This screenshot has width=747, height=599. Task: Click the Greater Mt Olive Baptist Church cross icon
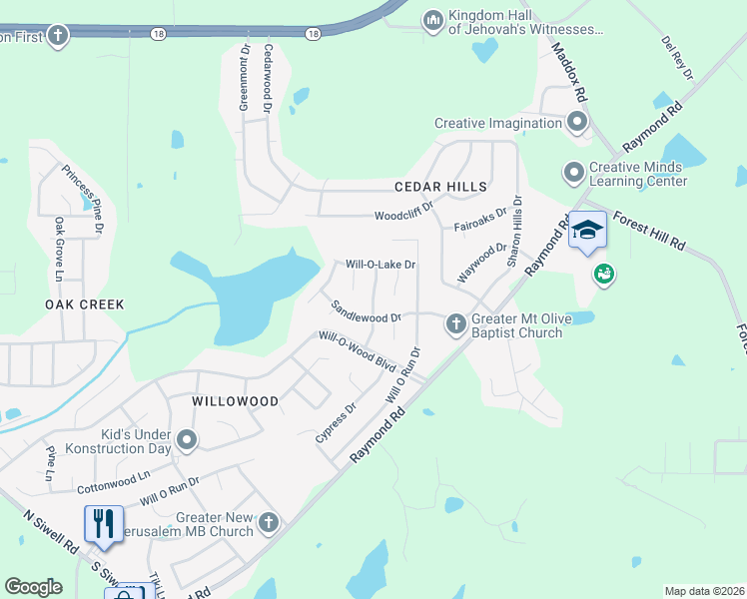[455, 323]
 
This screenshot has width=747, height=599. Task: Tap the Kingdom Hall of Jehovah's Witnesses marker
[432, 20]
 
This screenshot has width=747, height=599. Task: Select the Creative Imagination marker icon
[577, 124]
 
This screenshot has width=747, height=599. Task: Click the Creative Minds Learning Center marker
[573, 173]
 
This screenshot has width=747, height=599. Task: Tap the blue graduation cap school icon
[587, 231]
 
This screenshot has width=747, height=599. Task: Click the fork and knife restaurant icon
[104, 523]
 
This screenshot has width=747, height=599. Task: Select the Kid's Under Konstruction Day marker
[187, 439]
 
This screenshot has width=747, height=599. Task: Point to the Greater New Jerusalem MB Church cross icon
[268, 522]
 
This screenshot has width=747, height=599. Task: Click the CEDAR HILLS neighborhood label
[440, 187]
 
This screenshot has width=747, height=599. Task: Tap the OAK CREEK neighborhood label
[85, 303]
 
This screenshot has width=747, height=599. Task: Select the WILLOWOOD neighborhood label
[236, 400]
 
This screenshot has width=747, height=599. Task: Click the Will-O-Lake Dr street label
[379, 265]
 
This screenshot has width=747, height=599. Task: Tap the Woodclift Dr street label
[403, 215]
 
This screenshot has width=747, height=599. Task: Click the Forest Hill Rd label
[649, 230]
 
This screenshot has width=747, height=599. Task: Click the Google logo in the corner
[34, 586]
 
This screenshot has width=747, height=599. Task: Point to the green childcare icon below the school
[603, 274]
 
